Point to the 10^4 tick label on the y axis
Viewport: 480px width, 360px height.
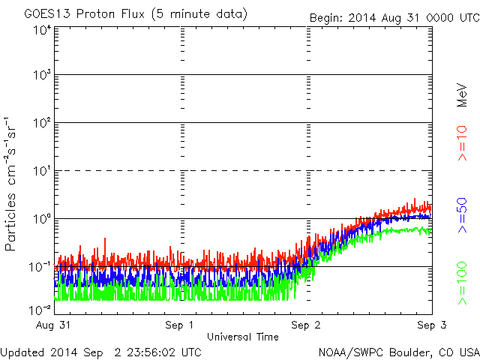click(x=41, y=29)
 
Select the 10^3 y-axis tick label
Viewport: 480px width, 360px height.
click(x=41, y=75)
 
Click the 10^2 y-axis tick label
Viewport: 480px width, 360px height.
click(x=41, y=123)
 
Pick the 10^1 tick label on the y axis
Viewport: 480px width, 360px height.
click(x=41, y=171)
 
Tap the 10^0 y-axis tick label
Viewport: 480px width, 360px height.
click(x=41, y=219)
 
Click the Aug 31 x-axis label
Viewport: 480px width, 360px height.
click(x=55, y=325)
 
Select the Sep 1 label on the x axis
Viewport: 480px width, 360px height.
click(x=180, y=325)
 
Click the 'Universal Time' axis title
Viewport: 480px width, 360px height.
click(x=242, y=337)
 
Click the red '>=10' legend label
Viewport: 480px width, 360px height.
click(x=463, y=143)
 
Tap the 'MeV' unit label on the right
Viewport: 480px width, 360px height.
click(x=463, y=95)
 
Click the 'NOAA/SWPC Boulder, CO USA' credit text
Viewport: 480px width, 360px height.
click(x=398, y=352)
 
